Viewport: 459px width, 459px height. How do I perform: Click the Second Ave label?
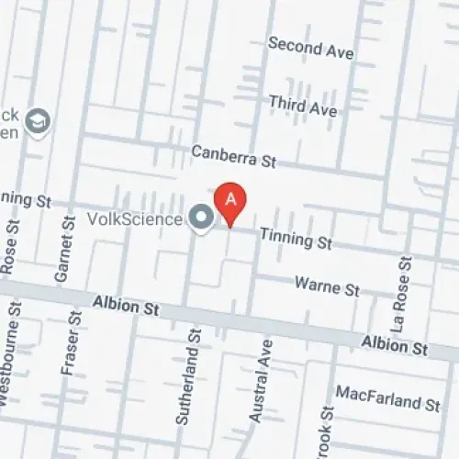(x=310, y=48)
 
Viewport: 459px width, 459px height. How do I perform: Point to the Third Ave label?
(x=302, y=105)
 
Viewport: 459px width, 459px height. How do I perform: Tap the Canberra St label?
(x=233, y=157)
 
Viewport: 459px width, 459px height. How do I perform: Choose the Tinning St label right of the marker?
(x=295, y=239)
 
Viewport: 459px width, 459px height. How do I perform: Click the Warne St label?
(x=326, y=286)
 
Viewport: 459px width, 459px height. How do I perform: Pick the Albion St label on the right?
(x=394, y=346)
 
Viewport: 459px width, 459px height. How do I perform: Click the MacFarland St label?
(x=388, y=400)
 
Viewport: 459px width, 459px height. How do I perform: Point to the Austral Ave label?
(x=261, y=382)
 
